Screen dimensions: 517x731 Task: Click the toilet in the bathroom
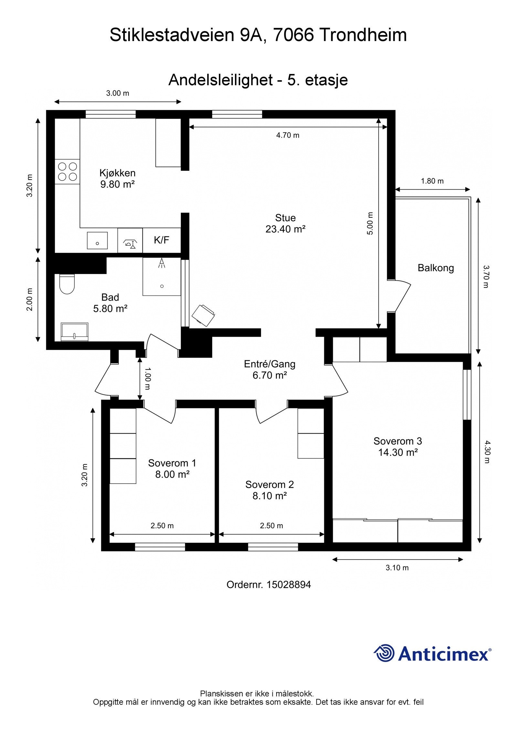67,284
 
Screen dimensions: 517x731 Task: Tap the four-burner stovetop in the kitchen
67,172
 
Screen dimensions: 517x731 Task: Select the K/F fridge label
162,240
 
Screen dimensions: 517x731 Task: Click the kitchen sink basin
97,240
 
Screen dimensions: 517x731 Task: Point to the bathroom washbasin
75,331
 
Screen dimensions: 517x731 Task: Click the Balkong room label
436,268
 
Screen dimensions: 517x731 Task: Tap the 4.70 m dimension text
288,135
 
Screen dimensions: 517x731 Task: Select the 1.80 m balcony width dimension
432,181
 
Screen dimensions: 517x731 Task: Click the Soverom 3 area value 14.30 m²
398,452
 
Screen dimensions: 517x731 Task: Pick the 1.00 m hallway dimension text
147,378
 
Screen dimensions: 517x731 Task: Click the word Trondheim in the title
363,35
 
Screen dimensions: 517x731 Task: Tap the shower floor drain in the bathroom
162,286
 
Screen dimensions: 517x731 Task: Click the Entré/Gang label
269,364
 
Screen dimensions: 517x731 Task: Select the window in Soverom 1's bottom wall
160,547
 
